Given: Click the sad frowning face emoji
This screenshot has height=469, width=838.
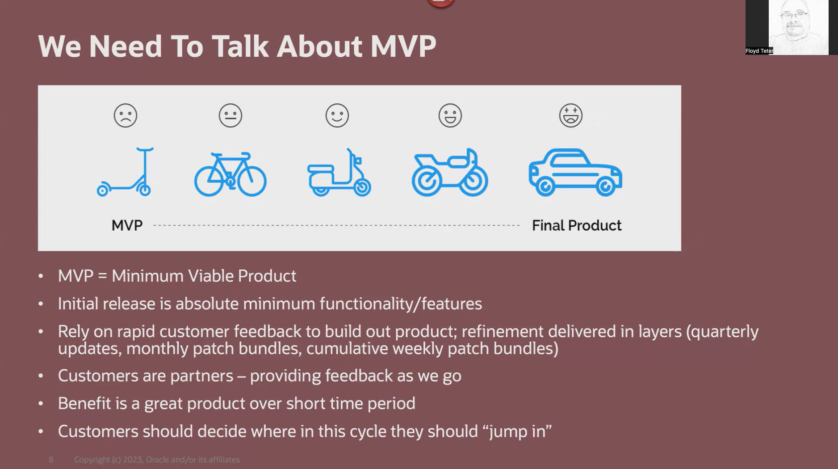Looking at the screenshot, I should point(126,115).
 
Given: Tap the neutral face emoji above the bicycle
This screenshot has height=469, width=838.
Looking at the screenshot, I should point(230,115).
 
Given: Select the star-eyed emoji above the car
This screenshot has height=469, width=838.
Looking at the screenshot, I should point(570,115).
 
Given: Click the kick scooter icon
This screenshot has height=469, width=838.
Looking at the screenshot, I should point(126,173).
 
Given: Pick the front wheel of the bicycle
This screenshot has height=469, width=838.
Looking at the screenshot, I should point(252,181).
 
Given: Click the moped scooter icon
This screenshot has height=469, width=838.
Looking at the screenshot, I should point(339,173).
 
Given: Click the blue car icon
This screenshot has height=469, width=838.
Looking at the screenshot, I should point(575,173).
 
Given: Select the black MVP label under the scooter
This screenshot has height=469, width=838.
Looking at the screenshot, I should point(127,225).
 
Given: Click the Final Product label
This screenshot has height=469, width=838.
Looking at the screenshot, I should point(576,225).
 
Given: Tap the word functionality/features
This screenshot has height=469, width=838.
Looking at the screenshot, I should point(401,304).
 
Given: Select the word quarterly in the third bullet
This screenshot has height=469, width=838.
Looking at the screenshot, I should point(725,332).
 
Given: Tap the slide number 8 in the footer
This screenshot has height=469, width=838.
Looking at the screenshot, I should point(51,460).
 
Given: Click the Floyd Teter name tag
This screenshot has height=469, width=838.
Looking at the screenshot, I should point(759,51).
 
